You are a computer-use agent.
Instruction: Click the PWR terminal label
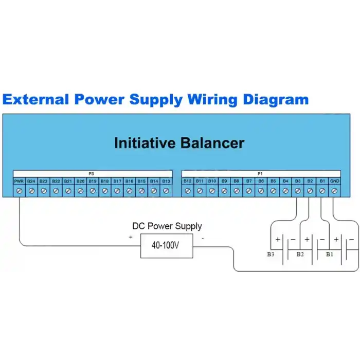tap(19, 181)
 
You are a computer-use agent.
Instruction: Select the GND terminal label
tap(334, 181)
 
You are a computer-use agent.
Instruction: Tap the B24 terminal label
tap(31, 181)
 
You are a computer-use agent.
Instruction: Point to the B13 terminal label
tap(166, 181)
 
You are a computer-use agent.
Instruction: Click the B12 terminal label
tap(187, 181)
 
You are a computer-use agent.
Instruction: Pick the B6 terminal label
tap(261, 181)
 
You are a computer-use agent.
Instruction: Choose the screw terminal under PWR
tap(19, 191)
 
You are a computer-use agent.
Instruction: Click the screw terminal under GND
tap(334, 191)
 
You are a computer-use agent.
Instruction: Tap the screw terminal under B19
tap(93, 191)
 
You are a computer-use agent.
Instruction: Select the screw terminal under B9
tap(224, 191)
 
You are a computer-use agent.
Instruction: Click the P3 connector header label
tap(92, 174)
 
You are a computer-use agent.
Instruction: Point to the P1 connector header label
tap(260, 174)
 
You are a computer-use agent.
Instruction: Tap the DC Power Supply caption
tap(167, 226)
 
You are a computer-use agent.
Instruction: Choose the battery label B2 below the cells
tap(300, 254)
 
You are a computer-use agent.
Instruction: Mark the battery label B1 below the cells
tap(329, 254)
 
